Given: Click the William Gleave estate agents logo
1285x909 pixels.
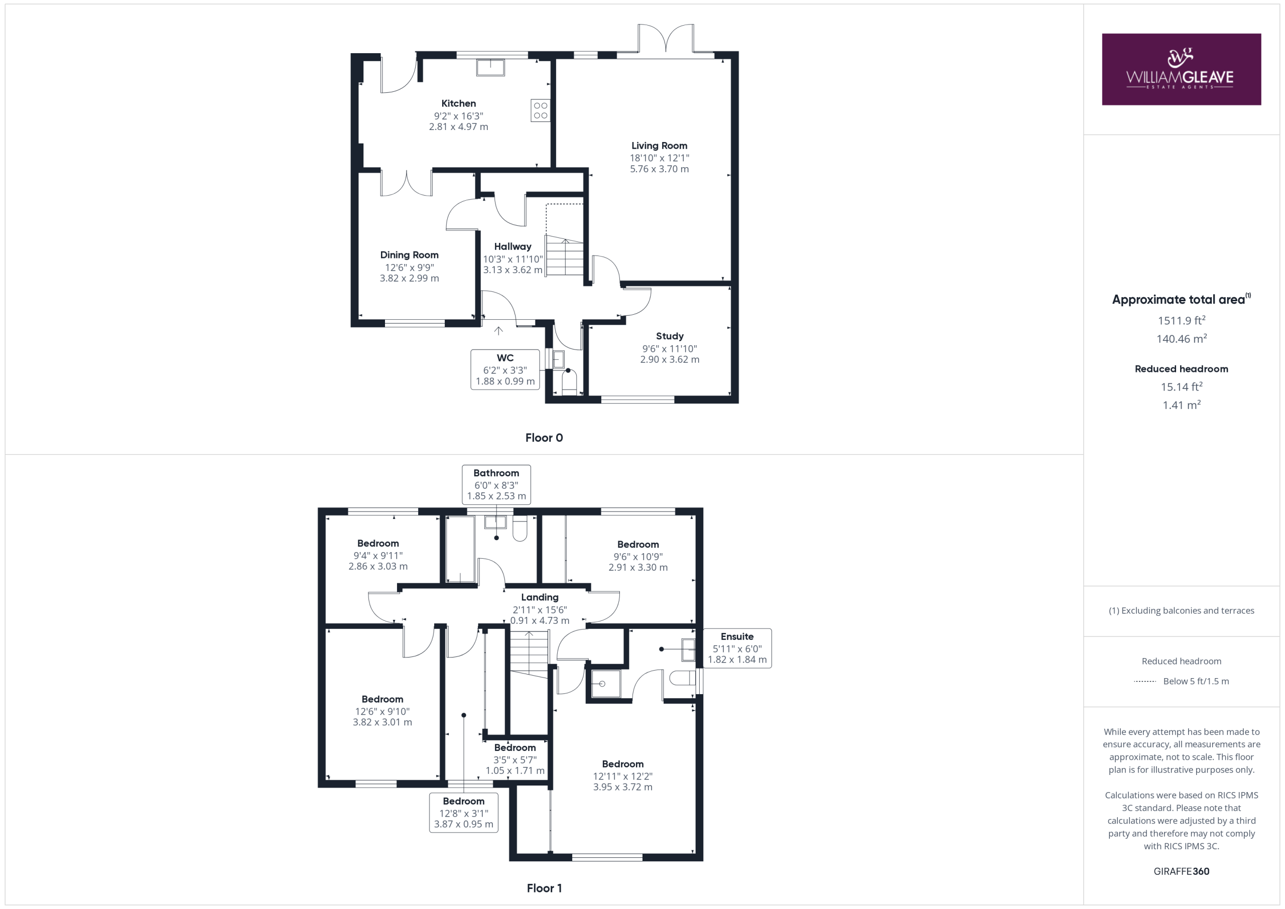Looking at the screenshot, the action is click(x=1181, y=69).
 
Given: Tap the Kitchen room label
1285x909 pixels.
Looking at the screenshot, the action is click(x=458, y=103).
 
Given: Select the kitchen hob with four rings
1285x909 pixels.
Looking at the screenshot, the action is click(x=540, y=110).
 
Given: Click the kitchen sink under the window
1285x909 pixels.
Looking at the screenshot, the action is click(x=490, y=67).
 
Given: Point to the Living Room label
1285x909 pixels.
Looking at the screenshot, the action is click(x=659, y=146).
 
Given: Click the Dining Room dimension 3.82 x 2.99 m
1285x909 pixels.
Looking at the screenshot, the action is click(x=409, y=278).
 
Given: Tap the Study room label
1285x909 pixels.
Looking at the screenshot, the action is click(x=670, y=336).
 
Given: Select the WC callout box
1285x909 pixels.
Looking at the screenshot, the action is click(x=505, y=369).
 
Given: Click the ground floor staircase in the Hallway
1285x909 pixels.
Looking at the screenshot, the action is click(x=565, y=255).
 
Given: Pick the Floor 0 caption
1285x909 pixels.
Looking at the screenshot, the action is click(x=544, y=438).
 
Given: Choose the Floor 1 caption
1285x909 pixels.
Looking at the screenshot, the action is click(x=544, y=888).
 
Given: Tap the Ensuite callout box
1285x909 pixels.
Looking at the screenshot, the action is click(x=737, y=648).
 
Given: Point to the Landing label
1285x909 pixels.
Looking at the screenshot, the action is click(x=540, y=597).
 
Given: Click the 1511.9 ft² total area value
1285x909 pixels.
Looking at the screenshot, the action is click(x=1182, y=320).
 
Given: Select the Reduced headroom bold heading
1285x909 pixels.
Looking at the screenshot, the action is click(x=1182, y=369).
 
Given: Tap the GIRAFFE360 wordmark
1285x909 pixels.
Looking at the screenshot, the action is click(x=1182, y=871).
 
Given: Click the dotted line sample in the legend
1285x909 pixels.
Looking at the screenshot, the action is click(x=1145, y=681).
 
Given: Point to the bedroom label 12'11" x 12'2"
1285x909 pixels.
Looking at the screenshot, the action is click(x=623, y=776).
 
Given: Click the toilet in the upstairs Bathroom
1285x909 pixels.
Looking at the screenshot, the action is click(x=520, y=528).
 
